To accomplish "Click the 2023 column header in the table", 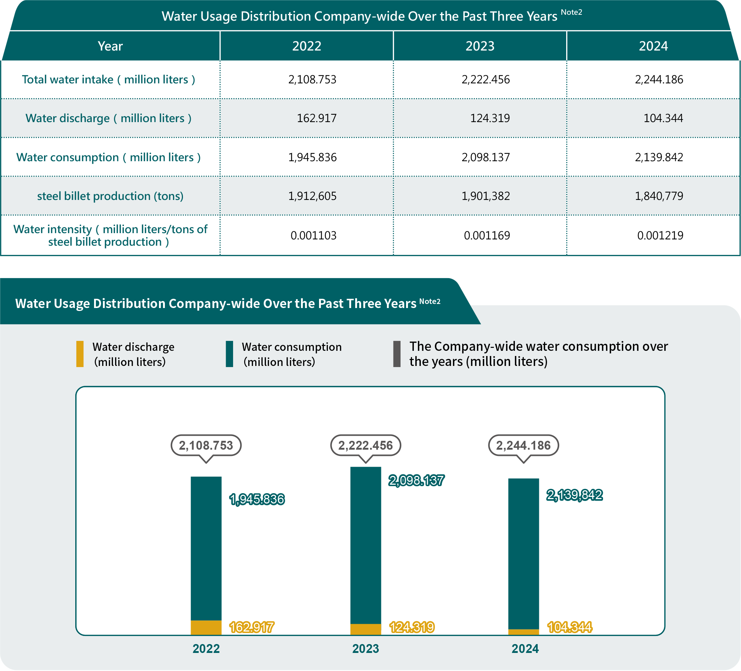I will coord(479,46).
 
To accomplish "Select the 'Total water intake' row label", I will coord(108,80).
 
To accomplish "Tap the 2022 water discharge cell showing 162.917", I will coord(316,118).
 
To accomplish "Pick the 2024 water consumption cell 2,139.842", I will coord(659,158).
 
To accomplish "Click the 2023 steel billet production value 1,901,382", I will coord(485,196).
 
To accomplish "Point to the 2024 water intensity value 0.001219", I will coord(660,235).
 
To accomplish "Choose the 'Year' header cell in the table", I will coord(110,46).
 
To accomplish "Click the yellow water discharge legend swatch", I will coord(80,354).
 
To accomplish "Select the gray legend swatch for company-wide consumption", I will coord(397,354).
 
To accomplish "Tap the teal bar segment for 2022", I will coord(206,548).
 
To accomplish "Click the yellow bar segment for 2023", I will coord(366,629).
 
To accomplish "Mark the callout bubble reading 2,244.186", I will coord(523,446).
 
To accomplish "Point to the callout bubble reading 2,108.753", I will coord(206,446).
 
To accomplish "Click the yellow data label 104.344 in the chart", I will coord(569,627).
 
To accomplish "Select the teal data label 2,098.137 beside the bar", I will coord(416,481).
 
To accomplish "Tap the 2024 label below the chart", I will coord(525,649).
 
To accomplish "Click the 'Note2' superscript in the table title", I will coord(571,12).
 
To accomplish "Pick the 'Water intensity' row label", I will coord(110,235).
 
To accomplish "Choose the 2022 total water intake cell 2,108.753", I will coord(312,80).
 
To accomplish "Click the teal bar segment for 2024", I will coord(523,553).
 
